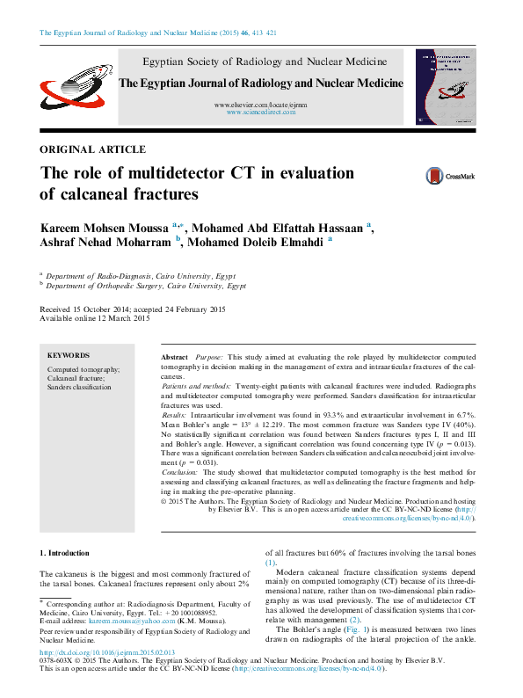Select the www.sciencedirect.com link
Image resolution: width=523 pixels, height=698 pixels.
pos(261,113)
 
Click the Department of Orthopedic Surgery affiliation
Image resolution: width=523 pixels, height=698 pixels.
pos(145,286)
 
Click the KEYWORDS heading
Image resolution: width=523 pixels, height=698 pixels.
pos(69,356)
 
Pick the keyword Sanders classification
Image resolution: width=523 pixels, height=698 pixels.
pos(79,387)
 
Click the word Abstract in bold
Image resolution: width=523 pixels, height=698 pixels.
pos(175,358)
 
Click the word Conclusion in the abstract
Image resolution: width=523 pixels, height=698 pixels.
pos(185,472)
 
